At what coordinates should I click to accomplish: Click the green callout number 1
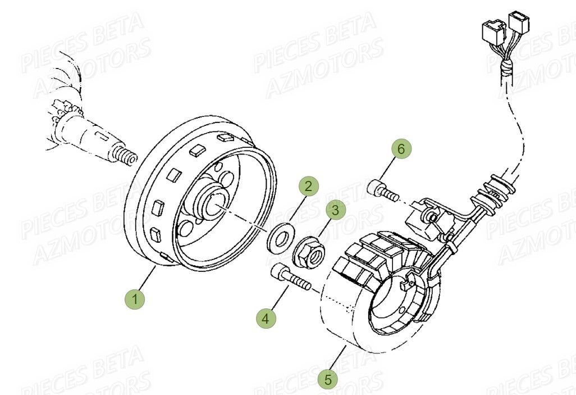tap(135, 298)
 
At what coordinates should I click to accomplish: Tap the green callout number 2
tap(308, 186)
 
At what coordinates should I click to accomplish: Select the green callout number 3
tap(335, 211)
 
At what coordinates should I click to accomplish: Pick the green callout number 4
tap(266, 319)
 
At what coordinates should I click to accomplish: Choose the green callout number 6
tap(400, 149)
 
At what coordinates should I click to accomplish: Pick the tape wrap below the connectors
tap(506, 69)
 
